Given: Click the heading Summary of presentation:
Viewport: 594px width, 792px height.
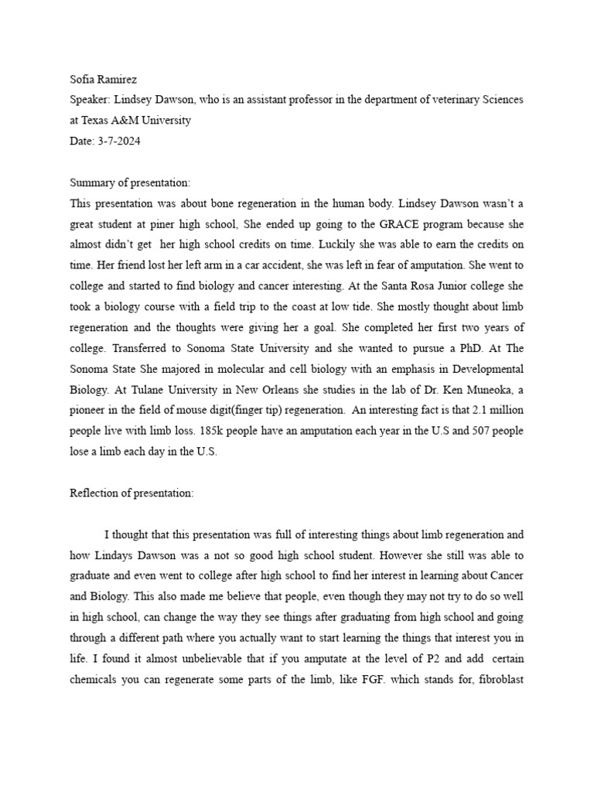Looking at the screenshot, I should pyautogui.click(x=130, y=183).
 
